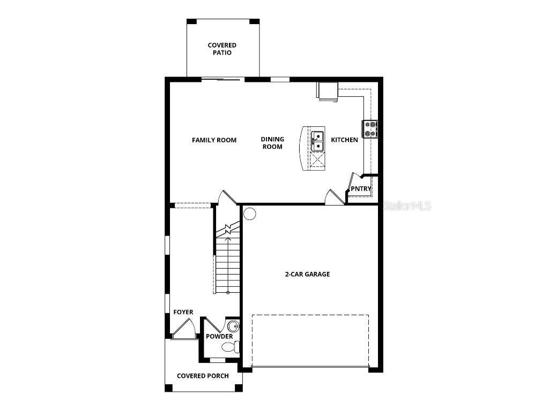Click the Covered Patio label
(x=222, y=49)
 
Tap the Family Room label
(x=214, y=140)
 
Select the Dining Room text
(x=272, y=143)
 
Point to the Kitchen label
(x=344, y=140)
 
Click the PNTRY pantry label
(x=361, y=189)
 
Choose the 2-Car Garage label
(x=307, y=274)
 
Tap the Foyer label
(x=183, y=312)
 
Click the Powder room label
(x=219, y=336)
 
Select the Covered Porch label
(x=203, y=376)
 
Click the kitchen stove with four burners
(x=370, y=129)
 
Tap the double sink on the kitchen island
(x=317, y=140)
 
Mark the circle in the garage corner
(x=250, y=214)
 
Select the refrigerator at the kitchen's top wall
(x=327, y=92)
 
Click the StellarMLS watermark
(x=407, y=205)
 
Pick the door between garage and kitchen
(x=335, y=197)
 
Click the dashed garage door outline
(x=310, y=340)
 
